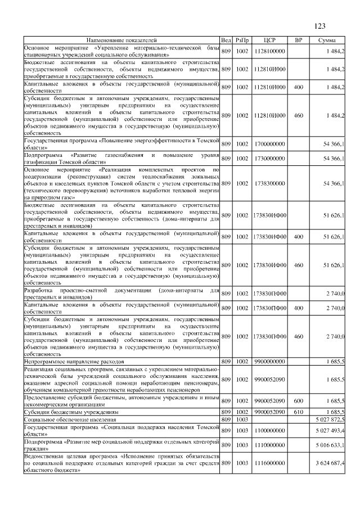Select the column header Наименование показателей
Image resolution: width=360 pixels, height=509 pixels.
coord(121,40)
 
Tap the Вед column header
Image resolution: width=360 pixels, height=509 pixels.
coord(226,40)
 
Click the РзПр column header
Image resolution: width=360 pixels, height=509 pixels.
coord(242,40)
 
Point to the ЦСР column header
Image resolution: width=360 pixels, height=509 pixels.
coord(269,40)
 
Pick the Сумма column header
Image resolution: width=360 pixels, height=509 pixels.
coord(327,40)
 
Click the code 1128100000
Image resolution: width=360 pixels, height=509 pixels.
coord(269,51)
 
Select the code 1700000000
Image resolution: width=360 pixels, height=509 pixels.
coord(269,144)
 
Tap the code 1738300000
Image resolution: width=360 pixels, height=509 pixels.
coord(269,183)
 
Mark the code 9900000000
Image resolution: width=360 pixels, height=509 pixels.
coord(269,361)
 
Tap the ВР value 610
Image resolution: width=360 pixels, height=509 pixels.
coord(299,412)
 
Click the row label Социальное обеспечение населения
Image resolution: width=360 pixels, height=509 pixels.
coord(67,420)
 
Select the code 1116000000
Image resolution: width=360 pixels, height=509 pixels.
coord(269,463)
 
